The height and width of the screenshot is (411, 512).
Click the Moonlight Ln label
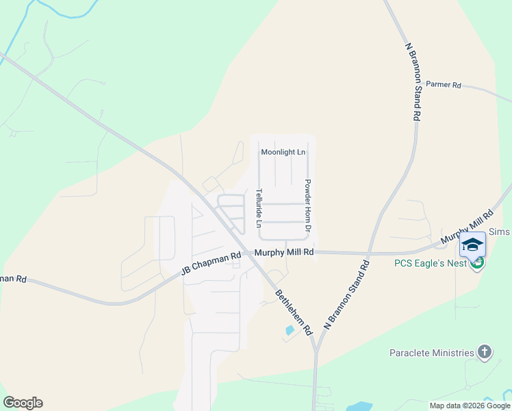point(283,151)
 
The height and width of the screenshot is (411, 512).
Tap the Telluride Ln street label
point(259,208)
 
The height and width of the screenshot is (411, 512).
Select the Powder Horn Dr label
point(308,205)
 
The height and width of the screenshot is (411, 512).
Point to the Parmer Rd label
point(444,85)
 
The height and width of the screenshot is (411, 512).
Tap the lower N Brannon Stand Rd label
point(345,295)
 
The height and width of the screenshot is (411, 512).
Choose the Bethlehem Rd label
point(294,312)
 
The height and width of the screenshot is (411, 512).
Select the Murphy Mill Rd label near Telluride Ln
point(283,253)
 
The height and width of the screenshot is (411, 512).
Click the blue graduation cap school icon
point(472,245)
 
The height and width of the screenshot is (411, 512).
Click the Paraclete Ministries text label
point(431,353)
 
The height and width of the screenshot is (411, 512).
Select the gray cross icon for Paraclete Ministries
point(485,352)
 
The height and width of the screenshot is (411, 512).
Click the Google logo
point(23,403)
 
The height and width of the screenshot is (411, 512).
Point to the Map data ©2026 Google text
point(470,406)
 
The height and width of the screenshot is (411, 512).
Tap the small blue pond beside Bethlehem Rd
point(290,330)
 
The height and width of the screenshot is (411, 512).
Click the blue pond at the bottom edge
point(359,407)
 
